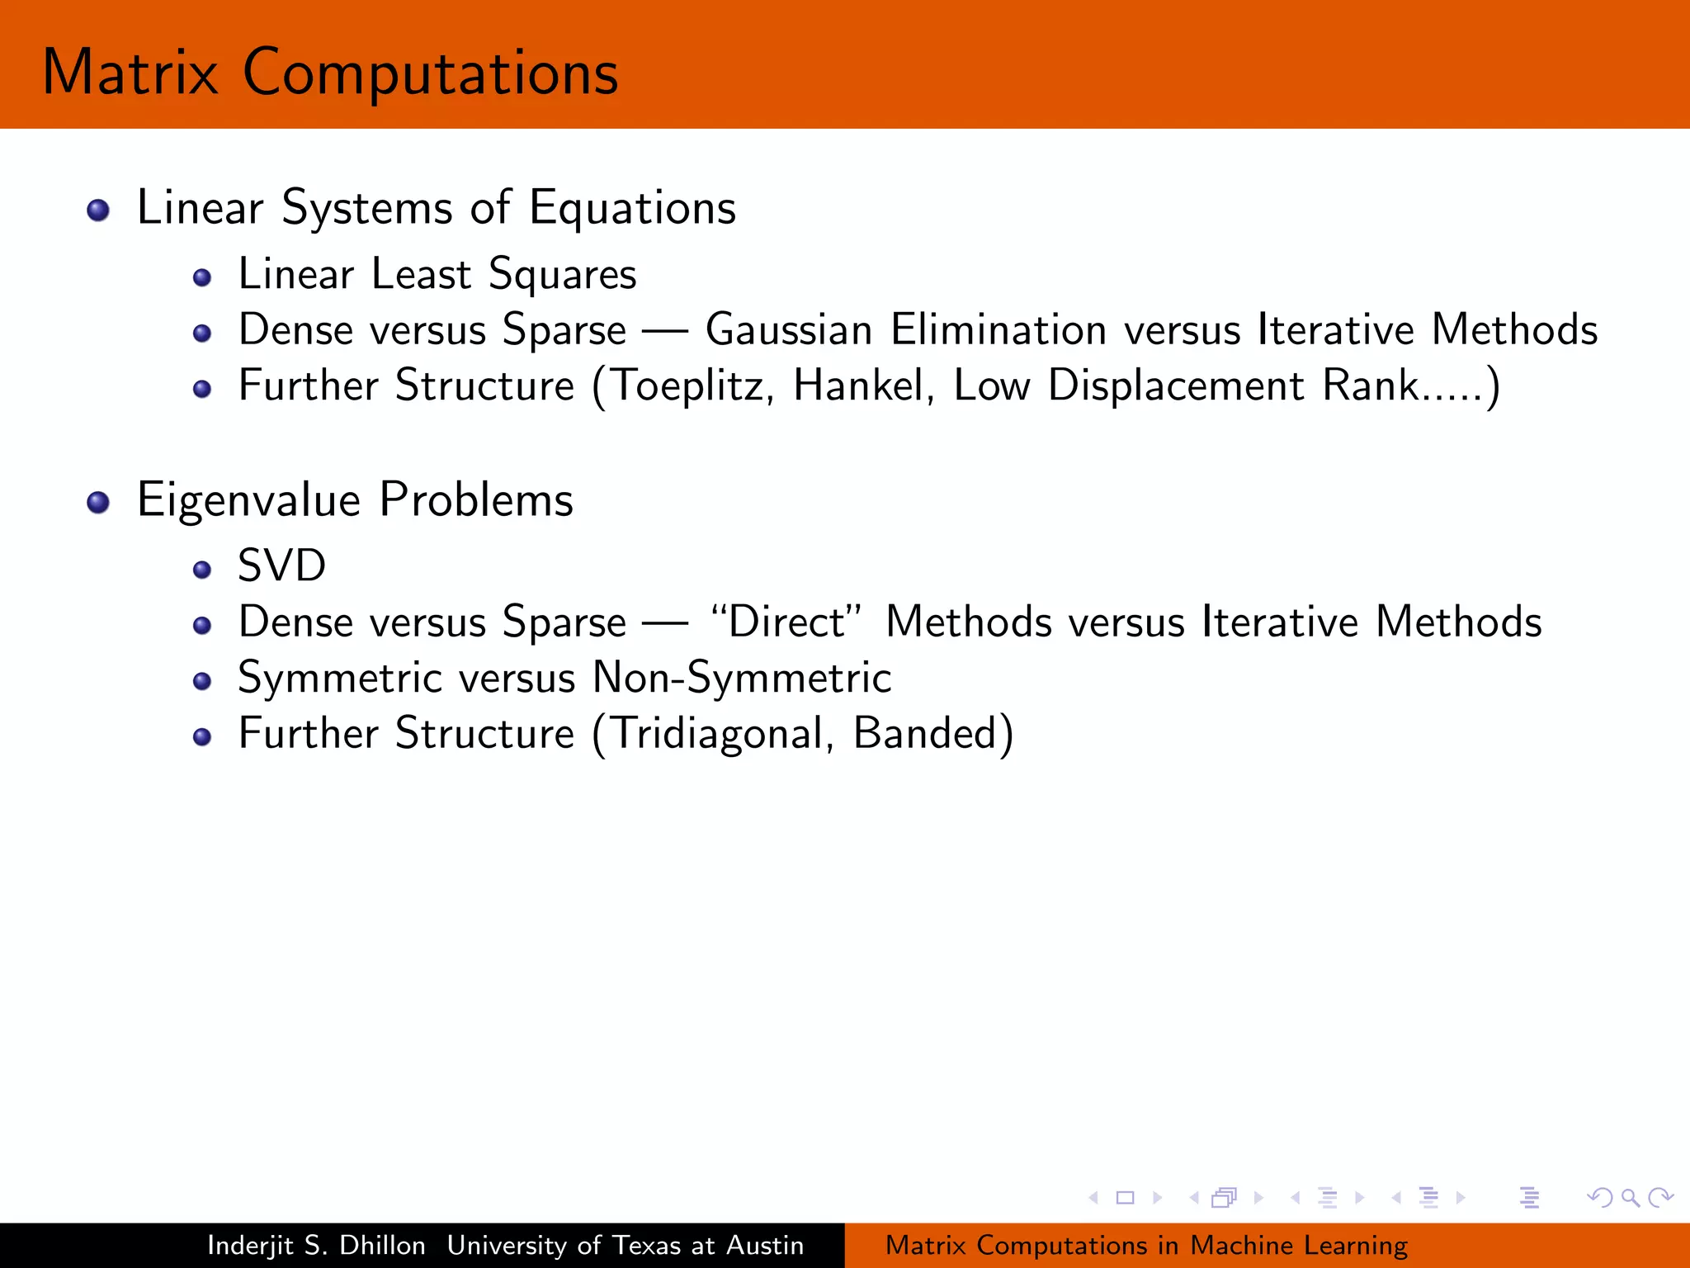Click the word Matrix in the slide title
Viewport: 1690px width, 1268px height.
click(x=130, y=73)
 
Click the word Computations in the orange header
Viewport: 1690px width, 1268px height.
click(x=430, y=73)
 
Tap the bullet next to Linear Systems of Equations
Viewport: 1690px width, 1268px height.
click(x=98, y=210)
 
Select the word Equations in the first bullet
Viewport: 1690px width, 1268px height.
click(x=632, y=208)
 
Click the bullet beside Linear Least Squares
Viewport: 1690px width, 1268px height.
click(x=202, y=277)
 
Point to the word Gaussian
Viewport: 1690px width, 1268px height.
click(x=789, y=330)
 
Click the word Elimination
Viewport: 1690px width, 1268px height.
click(x=998, y=330)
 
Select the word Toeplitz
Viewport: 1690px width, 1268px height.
click(x=688, y=386)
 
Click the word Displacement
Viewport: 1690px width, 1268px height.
click(x=1176, y=386)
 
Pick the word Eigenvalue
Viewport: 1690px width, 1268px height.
click(x=248, y=500)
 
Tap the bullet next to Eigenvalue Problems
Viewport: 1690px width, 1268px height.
click(x=98, y=502)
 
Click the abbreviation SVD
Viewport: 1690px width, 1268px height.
click(x=281, y=566)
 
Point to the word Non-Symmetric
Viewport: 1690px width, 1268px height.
click(x=742, y=678)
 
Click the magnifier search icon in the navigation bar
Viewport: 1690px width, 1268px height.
click(x=1630, y=1197)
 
